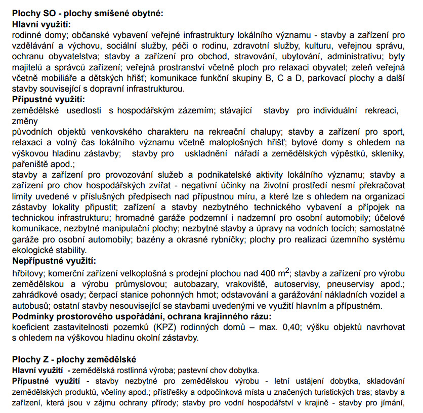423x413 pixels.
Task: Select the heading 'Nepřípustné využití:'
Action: (54, 261)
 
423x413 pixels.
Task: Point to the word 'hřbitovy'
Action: (27, 274)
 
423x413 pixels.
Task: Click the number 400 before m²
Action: (267, 274)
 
